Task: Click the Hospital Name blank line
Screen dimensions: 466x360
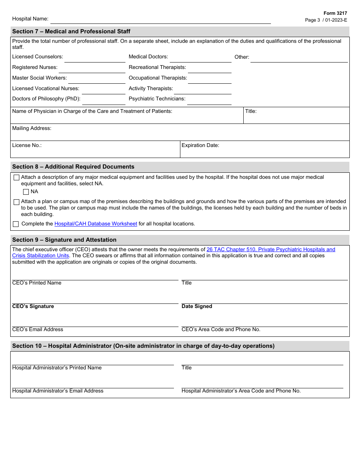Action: coord(160,20)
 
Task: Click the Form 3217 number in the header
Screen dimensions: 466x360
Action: coord(335,13)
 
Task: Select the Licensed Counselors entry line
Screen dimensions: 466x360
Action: coord(95,58)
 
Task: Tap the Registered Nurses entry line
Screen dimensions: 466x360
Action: coord(92,69)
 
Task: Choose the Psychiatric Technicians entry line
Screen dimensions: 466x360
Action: coord(209,101)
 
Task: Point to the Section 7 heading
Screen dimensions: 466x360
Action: coord(71,31)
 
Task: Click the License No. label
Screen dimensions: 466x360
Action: coord(27,145)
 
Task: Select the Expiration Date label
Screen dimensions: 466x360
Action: coord(200,145)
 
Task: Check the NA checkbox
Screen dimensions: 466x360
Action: coord(26,192)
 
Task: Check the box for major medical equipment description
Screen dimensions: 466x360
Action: coord(16,178)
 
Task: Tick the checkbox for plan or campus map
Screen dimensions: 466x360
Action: coord(16,202)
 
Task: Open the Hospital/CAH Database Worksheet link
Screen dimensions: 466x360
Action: coord(95,224)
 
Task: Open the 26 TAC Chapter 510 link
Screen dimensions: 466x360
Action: coord(271,250)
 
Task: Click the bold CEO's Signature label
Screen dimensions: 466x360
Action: coord(33,306)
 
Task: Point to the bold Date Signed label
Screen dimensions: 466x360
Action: coord(197,306)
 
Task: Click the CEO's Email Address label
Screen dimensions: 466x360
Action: coord(38,330)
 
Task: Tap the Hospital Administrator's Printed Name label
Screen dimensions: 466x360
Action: coord(57,368)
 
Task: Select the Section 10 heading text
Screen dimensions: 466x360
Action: coord(143,346)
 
